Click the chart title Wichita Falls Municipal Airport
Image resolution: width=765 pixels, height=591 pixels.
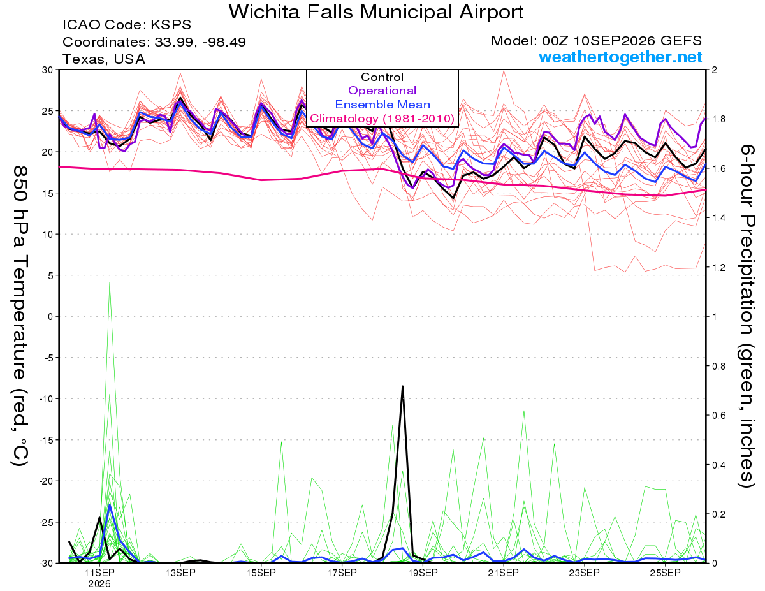376,12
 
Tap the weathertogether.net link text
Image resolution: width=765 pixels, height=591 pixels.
620,57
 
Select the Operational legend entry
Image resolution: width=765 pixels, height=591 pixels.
382,91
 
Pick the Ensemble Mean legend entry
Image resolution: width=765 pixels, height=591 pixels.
382,105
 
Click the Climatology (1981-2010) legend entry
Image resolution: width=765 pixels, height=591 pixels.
382,119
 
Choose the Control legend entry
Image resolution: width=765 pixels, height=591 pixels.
382,77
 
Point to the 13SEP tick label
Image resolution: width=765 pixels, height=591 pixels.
180,573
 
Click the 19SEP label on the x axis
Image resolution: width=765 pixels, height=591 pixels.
423,573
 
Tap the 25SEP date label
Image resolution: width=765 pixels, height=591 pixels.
665,573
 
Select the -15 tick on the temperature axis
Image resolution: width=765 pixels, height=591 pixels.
46,440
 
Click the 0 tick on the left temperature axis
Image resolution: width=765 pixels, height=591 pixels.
50,317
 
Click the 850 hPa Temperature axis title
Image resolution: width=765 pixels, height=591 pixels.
20,316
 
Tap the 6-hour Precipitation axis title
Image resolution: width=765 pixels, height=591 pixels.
747,316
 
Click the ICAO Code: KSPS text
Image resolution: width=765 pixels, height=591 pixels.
127,25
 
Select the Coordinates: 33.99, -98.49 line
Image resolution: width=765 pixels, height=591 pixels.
154,42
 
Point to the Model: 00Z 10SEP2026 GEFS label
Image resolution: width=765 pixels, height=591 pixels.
596,41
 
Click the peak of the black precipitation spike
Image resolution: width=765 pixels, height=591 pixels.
402,386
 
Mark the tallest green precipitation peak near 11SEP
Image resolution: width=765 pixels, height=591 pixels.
110,282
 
